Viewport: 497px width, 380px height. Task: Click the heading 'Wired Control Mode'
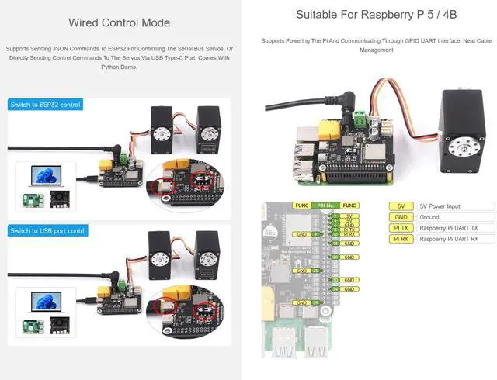pos(119,22)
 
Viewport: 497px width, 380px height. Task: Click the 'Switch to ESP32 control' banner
pos(45,104)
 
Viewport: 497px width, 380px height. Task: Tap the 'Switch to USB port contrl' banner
pos(47,230)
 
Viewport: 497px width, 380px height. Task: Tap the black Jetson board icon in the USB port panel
pos(59,326)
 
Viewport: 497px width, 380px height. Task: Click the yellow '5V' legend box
pos(401,206)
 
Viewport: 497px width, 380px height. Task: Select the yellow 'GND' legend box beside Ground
pos(401,217)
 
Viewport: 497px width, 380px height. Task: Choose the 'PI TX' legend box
pos(401,228)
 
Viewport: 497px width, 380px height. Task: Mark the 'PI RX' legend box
pos(401,239)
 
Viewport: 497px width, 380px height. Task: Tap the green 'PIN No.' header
pos(327,205)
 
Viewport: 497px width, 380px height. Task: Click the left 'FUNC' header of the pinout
pos(301,205)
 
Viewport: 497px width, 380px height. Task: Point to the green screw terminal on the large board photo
pos(360,119)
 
